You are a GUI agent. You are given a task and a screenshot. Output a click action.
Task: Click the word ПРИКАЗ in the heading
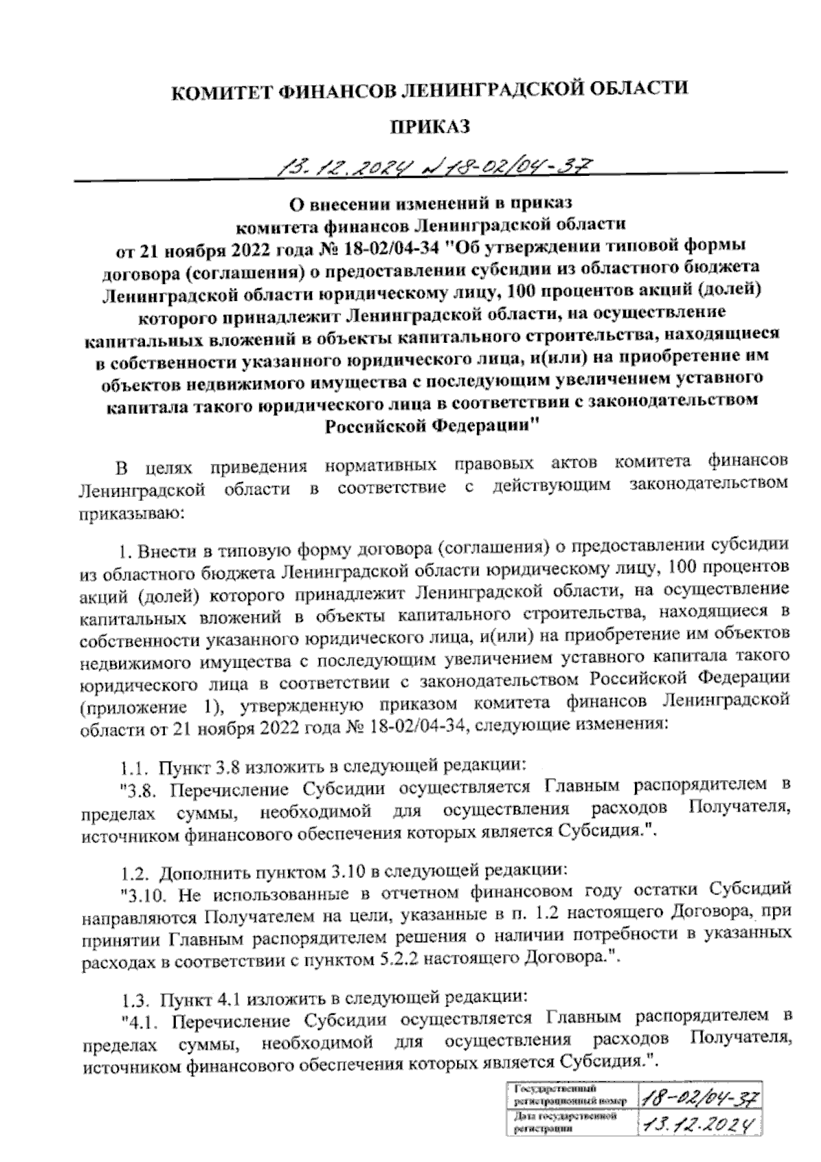point(430,126)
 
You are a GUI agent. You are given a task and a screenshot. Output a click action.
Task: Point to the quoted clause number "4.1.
point(140,1022)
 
